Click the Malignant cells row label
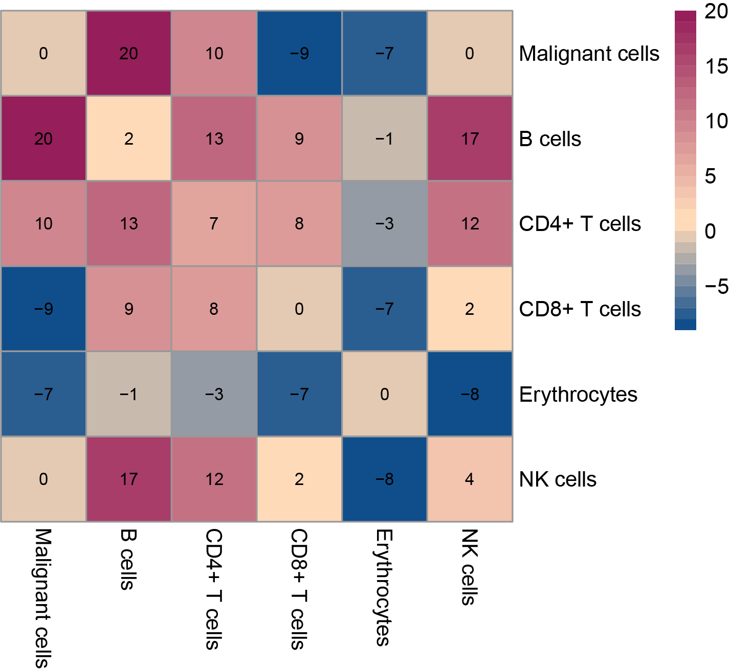click(589, 54)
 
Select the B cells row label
click(550, 139)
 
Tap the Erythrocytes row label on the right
click(578, 395)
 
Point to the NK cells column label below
click(470, 567)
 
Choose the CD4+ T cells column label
click(214, 589)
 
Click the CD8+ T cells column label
click(299, 589)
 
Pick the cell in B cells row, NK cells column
click(470, 139)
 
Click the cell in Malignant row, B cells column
click(128, 53)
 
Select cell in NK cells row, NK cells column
click(470, 479)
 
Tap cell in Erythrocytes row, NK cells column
click(470, 394)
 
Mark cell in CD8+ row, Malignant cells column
click(43, 309)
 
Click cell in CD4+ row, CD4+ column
click(214, 223)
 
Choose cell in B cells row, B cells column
click(128, 139)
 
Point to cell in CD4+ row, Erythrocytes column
click(384, 223)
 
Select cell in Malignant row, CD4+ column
click(214, 53)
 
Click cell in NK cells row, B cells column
click(128, 479)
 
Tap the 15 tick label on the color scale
click(716, 66)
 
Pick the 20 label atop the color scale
click(716, 11)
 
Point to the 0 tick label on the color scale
click(710, 232)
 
